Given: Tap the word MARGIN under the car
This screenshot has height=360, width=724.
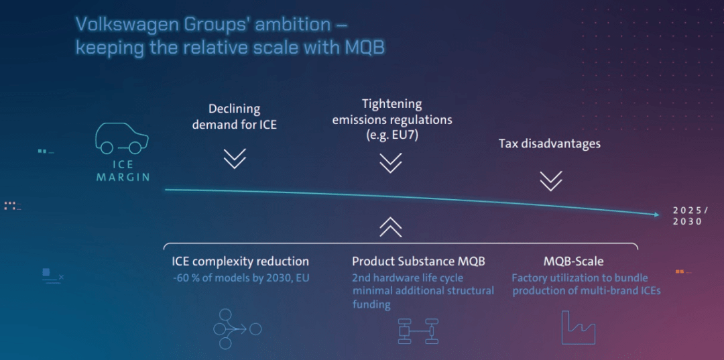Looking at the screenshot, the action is click(123, 177).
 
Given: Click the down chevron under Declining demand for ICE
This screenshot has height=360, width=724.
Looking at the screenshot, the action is click(235, 158).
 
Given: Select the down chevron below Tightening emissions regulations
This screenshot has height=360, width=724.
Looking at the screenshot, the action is click(391, 162).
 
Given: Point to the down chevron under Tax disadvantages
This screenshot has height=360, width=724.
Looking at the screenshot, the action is click(550, 181).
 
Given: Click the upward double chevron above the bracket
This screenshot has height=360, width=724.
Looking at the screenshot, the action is click(391, 227).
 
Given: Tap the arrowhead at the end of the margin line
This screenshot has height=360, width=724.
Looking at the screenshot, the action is click(657, 215).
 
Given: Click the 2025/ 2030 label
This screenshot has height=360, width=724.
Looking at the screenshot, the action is click(688, 216).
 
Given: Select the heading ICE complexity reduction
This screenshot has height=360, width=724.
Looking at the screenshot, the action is click(240, 262).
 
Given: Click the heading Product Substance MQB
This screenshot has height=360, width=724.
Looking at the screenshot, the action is click(419, 261).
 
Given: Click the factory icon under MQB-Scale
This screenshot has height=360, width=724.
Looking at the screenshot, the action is click(578, 327).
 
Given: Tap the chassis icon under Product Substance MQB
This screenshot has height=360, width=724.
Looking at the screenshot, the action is click(418, 331).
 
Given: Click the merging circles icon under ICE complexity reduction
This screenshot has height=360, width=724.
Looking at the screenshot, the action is click(237, 329).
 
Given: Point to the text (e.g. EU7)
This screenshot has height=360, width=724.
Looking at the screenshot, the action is click(391, 135).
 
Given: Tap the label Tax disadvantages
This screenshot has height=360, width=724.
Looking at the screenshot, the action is click(550, 143).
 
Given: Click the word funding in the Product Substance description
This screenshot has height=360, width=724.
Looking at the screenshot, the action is click(371, 304).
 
